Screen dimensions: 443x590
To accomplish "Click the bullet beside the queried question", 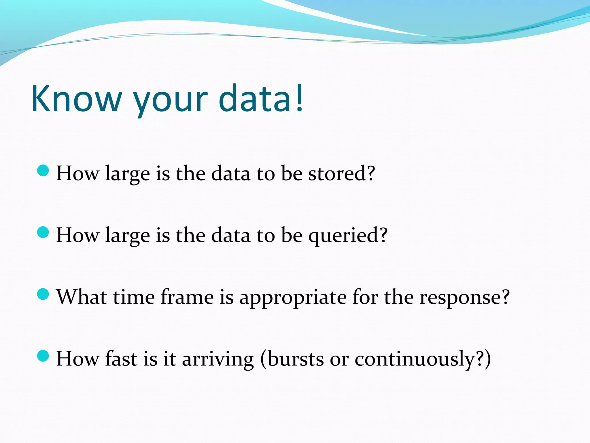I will (x=43, y=232).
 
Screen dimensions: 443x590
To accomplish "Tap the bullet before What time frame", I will (x=43, y=294).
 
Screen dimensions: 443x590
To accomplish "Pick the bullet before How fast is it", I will (x=43, y=356).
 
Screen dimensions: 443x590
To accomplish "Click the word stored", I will (x=337, y=174).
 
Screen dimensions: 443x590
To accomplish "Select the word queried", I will (x=343, y=236).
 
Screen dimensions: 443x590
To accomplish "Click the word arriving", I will (x=218, y=359).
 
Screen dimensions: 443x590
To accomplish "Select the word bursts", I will (x=296, y=359).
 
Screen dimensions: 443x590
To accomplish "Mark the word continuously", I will (x=415, y=359).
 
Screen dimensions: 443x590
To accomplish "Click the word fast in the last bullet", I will (x=121, y=359).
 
